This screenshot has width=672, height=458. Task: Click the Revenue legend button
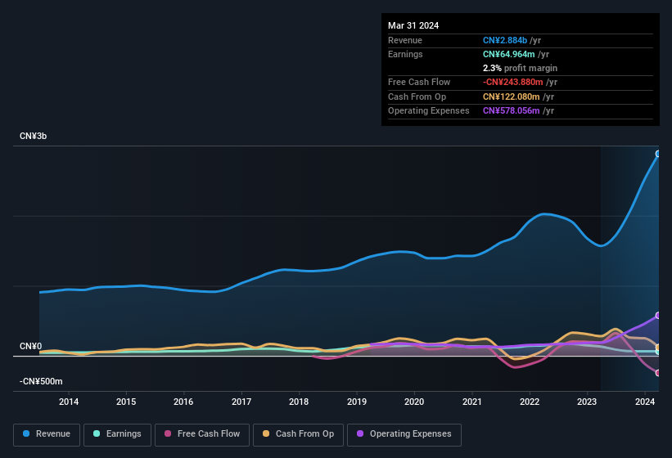click(47, 433)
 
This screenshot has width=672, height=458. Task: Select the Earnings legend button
click(117, 433)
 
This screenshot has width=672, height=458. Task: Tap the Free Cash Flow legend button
click(202, 433)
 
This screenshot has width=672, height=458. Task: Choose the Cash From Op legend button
click(297, 433)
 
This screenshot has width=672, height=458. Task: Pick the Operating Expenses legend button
click(404, 433)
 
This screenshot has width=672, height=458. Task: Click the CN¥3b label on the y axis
click(34, 136)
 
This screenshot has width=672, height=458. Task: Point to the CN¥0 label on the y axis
click(30, 347)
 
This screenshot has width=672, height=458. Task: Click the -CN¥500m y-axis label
click(41, 382)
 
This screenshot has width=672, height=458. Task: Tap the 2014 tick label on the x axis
click(69, 402)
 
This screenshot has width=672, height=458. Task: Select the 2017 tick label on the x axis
click(241, 402)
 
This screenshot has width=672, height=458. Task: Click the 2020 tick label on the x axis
click(414, 402)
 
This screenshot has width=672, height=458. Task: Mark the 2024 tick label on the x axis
click(644, 402)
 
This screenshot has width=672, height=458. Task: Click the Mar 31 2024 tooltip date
click(413, 25)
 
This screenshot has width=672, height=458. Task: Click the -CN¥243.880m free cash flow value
click(521, 82)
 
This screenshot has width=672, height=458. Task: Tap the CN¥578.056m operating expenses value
click(518, 110)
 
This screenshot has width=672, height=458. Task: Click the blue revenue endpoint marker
click(658, 154)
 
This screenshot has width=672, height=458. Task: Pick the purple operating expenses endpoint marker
click(658, 316)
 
